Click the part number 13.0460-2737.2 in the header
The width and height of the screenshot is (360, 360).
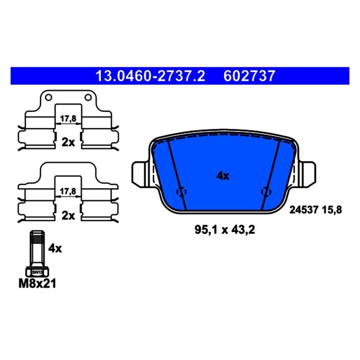[x=150, y=76]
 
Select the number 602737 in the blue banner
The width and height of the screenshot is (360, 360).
[x=249, y=76]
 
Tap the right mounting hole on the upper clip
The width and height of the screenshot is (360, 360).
[x=88, y=98]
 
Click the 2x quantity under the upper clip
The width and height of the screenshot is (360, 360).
[x=68, y=142]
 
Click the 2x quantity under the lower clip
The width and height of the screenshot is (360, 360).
[x=68, y=216]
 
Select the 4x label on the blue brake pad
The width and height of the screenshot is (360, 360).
[x=222, y=176]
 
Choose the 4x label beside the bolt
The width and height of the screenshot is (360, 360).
[x=55, y=249]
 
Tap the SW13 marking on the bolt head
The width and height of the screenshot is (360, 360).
[x=37, y=272]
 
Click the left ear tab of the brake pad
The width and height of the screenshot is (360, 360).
[x=139, y=174]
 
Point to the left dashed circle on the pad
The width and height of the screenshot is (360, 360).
[x=182, y=192]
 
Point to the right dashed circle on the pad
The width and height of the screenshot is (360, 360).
[x=266, y=192]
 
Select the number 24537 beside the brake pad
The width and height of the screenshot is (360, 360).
[x=303, y=209]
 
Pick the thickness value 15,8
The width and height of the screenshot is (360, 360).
[x=332, y=209]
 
